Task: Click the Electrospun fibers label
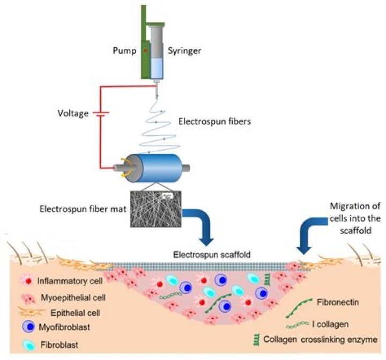[x=214, y=122]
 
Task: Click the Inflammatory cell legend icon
[x=27, y=280]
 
